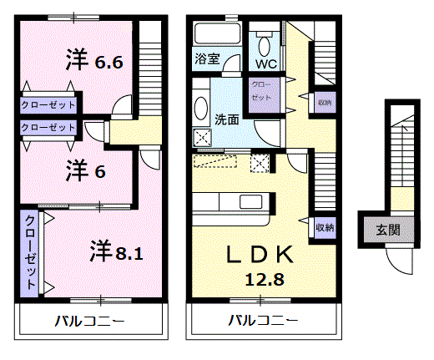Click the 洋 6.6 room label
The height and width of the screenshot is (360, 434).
click(94, 59)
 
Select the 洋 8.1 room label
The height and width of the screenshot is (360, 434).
click(117, 251)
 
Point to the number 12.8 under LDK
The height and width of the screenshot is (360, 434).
click(265, 280)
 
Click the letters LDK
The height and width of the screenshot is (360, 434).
click(260, 254)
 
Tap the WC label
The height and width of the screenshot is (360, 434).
click(266, 64)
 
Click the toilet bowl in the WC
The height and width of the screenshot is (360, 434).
click(265, 46)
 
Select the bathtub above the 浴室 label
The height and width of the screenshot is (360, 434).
click(217, 33)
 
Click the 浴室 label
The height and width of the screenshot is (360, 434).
click(207, 58)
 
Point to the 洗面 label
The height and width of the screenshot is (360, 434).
click(227, 119)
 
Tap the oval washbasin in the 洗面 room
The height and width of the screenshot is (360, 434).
click(201, 108)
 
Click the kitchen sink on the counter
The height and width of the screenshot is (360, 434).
click(251, 201)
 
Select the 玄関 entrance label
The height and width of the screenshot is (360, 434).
click(388, 230)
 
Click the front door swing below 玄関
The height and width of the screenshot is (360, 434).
click(398, 261)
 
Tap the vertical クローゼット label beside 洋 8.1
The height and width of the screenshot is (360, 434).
click(30, 252)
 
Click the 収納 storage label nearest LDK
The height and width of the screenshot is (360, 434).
click(325, 228)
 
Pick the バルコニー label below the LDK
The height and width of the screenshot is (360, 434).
click(263, 321)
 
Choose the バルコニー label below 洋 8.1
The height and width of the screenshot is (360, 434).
click(89, 321)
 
